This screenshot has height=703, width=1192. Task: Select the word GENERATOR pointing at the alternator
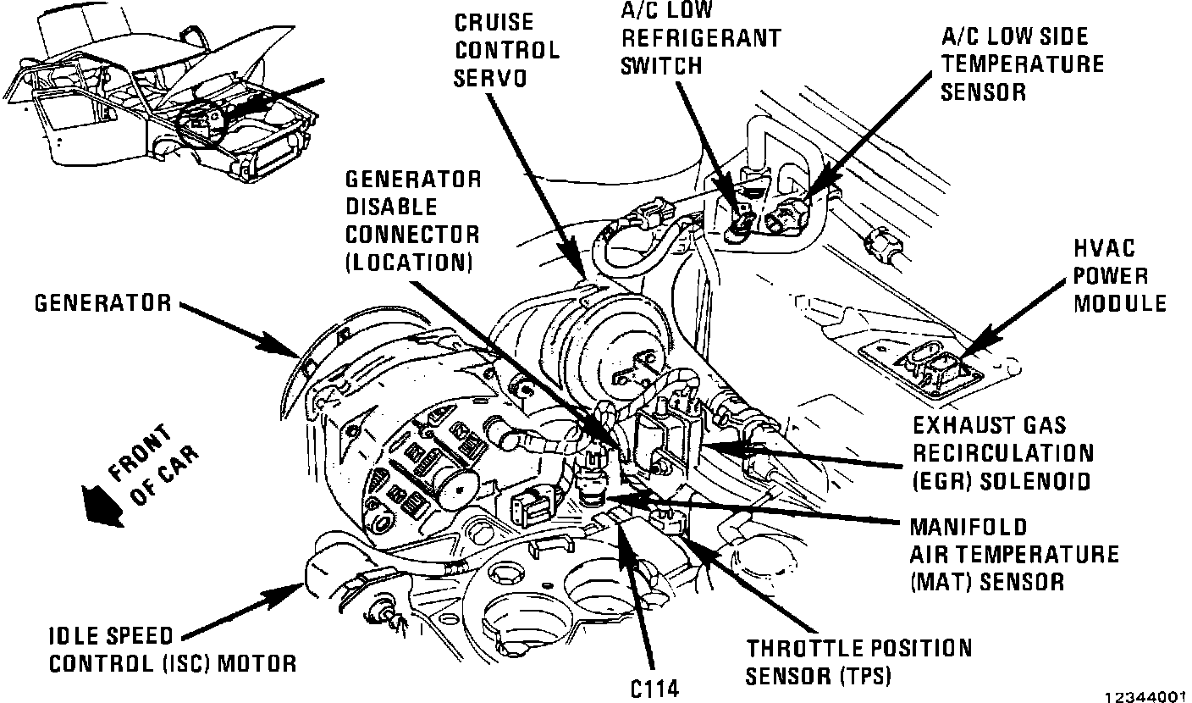102,302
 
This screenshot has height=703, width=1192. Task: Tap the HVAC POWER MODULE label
1119,275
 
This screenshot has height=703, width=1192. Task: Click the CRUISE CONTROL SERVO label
506,49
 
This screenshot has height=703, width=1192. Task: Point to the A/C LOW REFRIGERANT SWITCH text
700,38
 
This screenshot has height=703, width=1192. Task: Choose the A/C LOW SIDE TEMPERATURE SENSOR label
1023,64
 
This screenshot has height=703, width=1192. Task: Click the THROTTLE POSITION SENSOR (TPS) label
858,661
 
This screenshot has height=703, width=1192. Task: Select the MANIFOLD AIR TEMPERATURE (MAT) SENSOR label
1013,554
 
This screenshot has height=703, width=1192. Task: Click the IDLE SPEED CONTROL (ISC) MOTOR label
173,649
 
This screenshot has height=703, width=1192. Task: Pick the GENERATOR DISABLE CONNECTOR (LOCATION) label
412,220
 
